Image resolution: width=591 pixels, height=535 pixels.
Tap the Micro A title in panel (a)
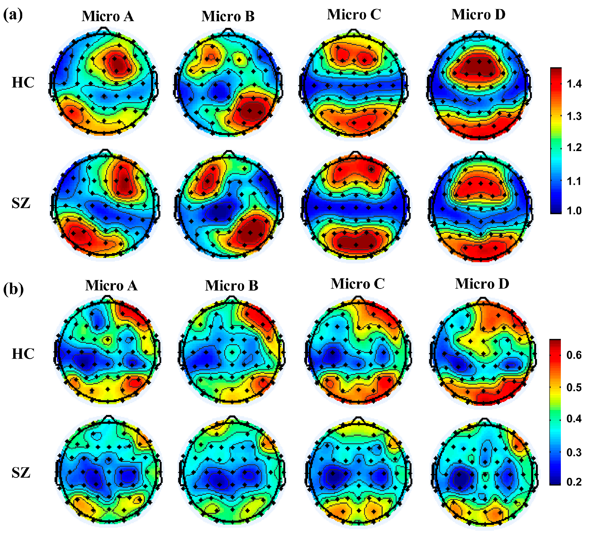(x=108, y=16)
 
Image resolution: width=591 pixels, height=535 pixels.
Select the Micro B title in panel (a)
(x=228, y=16)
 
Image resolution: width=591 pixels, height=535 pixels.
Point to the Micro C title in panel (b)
(x=357, y=284)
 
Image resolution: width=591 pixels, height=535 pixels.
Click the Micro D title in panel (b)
(x=482, y=284)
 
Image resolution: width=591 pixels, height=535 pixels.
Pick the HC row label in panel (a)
(x=23, y=83)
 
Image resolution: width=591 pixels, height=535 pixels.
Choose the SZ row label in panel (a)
(x=21, y=203)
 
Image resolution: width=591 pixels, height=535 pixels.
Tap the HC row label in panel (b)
(x=23, y=354)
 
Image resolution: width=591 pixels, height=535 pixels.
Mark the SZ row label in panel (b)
(x=21, y=472)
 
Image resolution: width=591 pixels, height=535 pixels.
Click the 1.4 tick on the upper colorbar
(x=574, y=84)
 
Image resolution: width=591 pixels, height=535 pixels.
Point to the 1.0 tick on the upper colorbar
(x=574, y=210)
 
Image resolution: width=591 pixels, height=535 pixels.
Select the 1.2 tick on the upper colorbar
(x=574, y=147)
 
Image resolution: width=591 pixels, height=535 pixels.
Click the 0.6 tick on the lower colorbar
(x=574, y=355)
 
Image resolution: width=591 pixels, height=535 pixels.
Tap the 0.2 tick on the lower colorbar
(x=574, y=482)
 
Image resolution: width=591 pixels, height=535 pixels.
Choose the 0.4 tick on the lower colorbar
(x=574, y=419)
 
